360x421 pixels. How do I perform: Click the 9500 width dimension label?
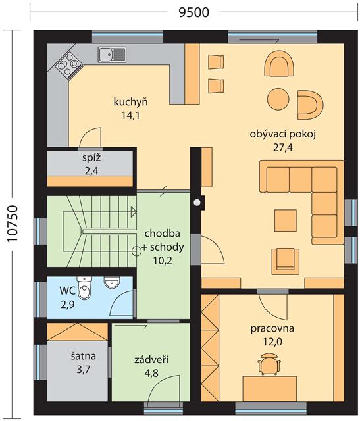click(193, 12)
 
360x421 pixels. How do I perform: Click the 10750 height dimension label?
click(13, 224)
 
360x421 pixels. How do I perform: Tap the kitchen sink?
click(112, 55)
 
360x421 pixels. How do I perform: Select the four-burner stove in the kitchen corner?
click(69, 64)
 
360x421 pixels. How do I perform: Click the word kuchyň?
click(131, 102)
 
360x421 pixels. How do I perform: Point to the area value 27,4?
click(282, 147)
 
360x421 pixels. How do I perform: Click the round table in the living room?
click(278, 99)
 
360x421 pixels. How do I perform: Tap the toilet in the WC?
click(84, 288)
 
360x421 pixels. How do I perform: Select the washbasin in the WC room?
click(111, 282)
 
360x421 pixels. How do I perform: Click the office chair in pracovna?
click(269, 364)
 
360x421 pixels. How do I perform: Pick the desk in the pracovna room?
click(270, 388)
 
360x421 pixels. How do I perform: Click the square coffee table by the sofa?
click(286, 220)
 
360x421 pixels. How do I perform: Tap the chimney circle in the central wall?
click(197, 202)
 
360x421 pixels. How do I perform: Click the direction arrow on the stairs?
click(134, 212)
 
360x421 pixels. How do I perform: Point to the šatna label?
click(84, 356)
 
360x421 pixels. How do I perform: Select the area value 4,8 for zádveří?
click(152, 373)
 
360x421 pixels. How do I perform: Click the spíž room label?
click(91, 158)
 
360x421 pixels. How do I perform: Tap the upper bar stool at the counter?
click(216, 62)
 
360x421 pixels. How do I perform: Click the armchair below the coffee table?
click(286, 261)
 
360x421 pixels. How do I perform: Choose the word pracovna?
click(272, 328)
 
